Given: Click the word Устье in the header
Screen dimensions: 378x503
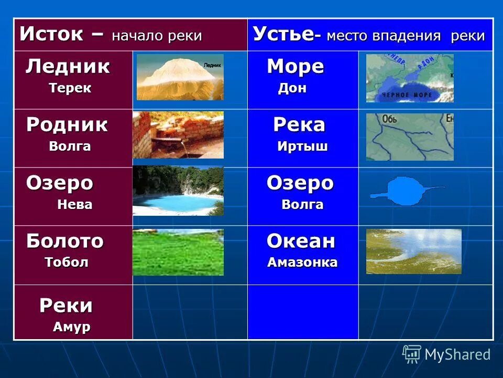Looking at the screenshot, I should [283, 35].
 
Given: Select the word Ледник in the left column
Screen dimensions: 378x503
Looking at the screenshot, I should [68, 67].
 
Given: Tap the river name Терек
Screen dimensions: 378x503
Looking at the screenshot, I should [70, 88].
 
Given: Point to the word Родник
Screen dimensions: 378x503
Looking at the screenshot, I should [67, 125].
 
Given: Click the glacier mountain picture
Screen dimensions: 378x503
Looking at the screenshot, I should [180, 77].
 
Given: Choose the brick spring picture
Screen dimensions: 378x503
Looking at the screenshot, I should [178, 135].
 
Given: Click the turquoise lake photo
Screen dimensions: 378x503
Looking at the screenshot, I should [178, 191].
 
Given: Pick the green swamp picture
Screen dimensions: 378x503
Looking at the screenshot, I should [178, 252].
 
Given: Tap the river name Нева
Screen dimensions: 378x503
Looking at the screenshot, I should [74, 205].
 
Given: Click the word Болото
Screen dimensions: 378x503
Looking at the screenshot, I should [65, 241].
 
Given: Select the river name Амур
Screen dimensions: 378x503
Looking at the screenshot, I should [71, 327].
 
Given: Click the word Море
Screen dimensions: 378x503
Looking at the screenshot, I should [296, 67].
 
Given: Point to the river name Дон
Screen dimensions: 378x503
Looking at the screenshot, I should [292, 88].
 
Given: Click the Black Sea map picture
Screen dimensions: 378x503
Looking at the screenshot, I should [410, 78].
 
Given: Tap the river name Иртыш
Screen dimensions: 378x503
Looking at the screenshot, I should [302, 146].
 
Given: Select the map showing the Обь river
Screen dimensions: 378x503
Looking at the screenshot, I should [410, 136].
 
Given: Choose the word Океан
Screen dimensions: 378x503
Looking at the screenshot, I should [301, 241].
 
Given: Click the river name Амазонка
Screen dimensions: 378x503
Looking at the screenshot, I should [302, 262].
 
